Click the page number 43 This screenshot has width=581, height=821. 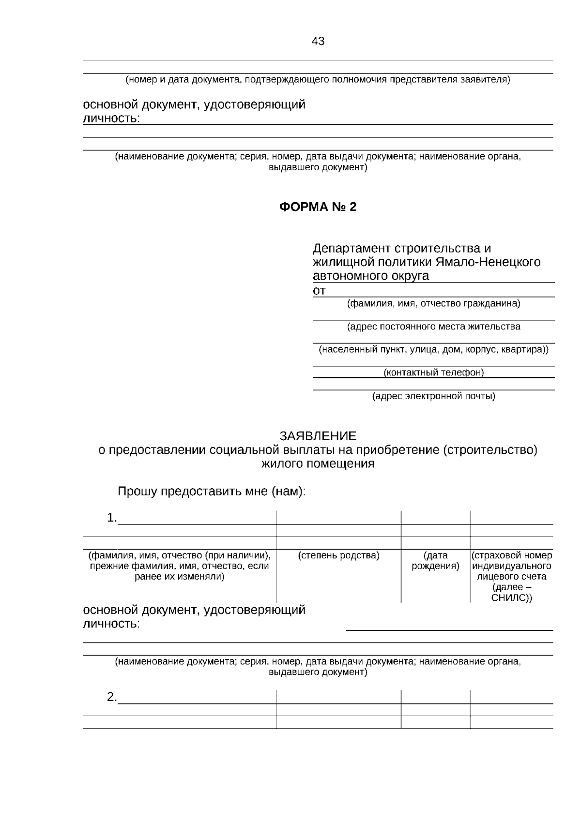click(318, 42)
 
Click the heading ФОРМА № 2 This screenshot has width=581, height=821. click(318, 207)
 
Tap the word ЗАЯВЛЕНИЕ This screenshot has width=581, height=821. click(318, 436)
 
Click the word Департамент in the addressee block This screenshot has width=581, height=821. click(352, 249)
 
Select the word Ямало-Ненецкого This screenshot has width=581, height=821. click(487, 262)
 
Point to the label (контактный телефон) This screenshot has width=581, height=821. click(433, 373)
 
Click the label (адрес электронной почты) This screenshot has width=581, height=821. click(433, 397)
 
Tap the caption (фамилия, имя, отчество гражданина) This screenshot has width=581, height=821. click(433, 304)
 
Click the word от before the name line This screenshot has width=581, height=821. click(319, 291)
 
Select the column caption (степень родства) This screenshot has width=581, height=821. click(338, 556)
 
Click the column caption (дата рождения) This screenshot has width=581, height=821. click(435, 561)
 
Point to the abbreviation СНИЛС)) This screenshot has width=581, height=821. click(511, 598)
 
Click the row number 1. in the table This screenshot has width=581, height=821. click(112, 518)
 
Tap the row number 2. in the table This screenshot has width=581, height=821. click(112, 698)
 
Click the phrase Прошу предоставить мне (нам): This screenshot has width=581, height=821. click(212, 492)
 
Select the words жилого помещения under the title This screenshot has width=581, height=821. click(318, 464)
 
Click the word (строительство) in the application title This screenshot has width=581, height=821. click(489, 450)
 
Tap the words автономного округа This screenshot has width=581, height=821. click(371, 276)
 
